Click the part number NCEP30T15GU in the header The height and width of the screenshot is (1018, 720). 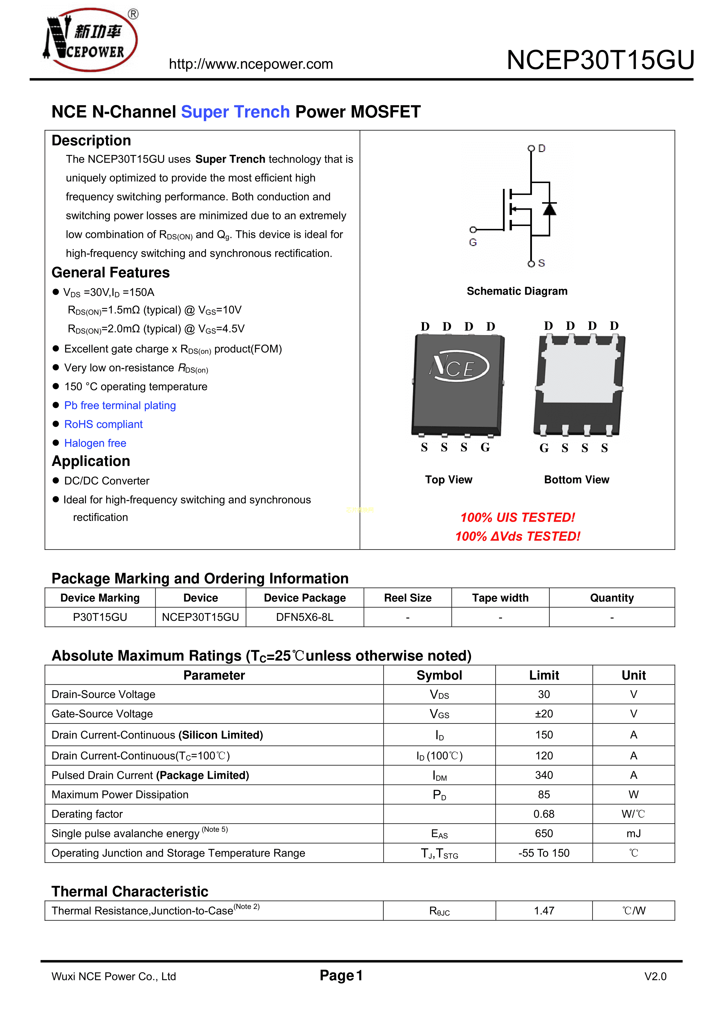click(x=600, y=60)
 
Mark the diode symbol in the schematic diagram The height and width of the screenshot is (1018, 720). click(x=550, y=208)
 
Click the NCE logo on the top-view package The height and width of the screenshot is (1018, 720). click(x=459, y=367)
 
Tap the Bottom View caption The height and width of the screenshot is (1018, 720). click(x=576, y=480)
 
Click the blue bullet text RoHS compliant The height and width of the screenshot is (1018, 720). click(x=103, y=424)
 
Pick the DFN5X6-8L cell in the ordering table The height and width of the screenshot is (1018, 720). click(x=304, y=617)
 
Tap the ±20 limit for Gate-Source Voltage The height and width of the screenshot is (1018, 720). click(x=544, y=714)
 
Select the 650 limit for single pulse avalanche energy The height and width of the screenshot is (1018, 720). click(x=544, y=833)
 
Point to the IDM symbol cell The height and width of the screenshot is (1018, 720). click(x=439, y=775)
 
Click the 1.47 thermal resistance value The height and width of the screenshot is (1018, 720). click(x=544, y=911)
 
